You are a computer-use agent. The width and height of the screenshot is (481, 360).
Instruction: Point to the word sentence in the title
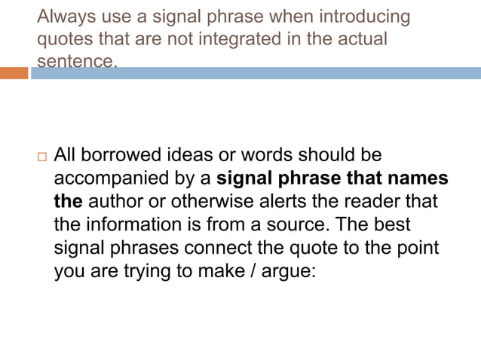coord(77,61)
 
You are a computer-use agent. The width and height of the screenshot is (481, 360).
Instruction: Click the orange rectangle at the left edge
coord(14,73)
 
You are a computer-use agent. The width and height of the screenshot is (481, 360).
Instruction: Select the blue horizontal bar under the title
coord(256,73)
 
